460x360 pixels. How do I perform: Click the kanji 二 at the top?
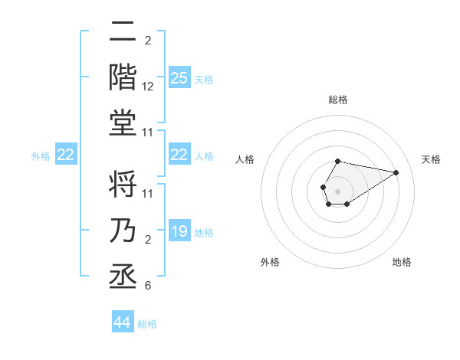pos(123,32)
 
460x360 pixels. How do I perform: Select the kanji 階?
pos(123,77)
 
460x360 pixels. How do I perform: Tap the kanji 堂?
pos(123,123)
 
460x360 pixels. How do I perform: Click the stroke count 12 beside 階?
pos(148,87)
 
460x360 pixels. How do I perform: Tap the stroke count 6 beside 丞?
pos(148,286)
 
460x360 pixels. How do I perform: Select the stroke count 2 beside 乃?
pos(148,241)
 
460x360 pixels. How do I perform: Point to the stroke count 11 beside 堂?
pos(148,133)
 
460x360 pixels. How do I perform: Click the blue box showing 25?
pos(179,78)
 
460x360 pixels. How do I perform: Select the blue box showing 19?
pos(179,232)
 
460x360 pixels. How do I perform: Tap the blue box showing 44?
pos(123,322)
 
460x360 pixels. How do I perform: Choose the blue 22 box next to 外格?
pos(66,155)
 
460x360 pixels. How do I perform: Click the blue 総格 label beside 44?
pos(147,324)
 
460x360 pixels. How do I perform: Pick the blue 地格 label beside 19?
pos(204,233)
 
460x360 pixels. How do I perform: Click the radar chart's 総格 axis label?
pos(338,100)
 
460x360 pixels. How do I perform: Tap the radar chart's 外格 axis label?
pos(270,262)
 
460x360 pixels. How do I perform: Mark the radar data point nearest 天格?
pos(396,172)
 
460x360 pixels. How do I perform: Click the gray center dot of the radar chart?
pos(337,190)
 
